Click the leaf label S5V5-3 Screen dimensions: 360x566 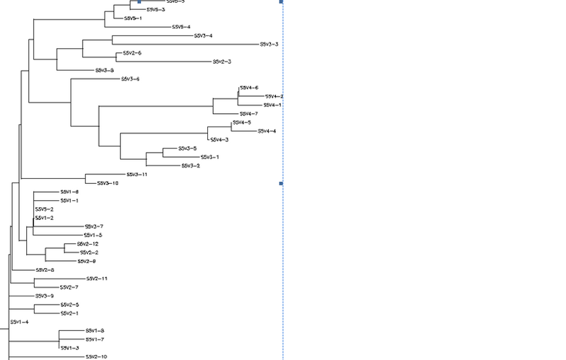156,10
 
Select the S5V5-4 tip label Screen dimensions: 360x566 181,27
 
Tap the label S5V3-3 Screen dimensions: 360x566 268,45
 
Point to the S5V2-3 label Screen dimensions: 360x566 222,62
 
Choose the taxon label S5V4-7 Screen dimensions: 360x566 248,113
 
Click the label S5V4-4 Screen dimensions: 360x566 267,131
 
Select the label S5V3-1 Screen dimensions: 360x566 210,157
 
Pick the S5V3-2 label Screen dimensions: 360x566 190,166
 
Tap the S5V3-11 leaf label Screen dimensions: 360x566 137,174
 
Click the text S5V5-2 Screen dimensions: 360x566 44,209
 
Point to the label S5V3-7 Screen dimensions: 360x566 94,226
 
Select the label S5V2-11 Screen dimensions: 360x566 96,279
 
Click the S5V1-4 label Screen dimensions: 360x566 19,323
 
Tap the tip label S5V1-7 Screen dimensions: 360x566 95,339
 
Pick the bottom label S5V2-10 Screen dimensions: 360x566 96,357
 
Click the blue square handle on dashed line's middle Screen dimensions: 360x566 282,184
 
